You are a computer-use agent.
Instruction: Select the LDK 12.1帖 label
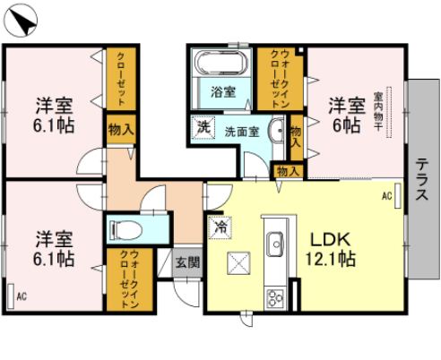[333, 250]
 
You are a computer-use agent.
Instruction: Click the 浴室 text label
[222, 91]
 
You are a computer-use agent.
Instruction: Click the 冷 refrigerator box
[218, 227]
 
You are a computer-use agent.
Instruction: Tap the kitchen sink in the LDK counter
[274, 240]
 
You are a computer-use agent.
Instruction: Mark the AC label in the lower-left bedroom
[21, 295]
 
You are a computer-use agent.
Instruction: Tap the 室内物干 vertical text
[379, 112]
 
